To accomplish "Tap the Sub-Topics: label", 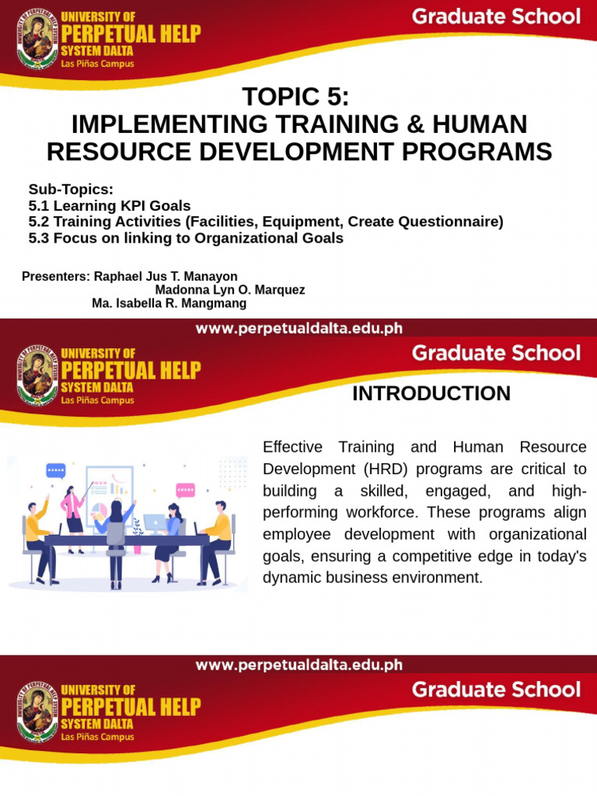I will [71, 190].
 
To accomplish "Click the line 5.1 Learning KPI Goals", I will [109, 206].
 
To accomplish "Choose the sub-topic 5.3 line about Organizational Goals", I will [185, 239].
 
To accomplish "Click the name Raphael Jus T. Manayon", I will [165, 277].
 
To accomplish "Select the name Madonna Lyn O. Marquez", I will [229, 290].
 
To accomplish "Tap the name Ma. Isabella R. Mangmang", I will [169, 303].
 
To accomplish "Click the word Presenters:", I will [56, 277].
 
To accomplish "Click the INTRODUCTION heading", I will [431, 394].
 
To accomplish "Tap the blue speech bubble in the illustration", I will [56, 470].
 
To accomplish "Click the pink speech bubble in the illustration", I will [185, 490].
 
